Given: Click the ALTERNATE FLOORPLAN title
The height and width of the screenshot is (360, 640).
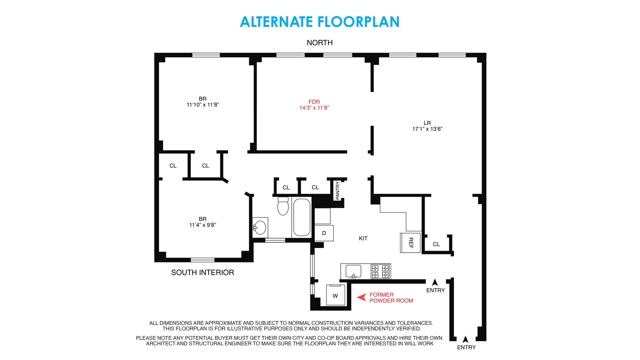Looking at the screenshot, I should click(x=319, y=22).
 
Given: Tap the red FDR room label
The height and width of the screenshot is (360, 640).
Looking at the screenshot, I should click(x=314, y=102).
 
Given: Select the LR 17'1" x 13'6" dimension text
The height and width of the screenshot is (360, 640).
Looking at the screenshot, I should click(x=427, y=129).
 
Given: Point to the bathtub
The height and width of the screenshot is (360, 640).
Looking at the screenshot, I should click(x=302, y=217).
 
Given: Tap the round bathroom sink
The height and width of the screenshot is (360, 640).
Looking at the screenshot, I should click(x=260, y=228).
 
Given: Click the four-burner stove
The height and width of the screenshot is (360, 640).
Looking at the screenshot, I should click(x=380, y=271).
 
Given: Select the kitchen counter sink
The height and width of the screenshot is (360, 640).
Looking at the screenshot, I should click(x=353, y=271).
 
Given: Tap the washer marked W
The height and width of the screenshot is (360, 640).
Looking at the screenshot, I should click(x=335, y=295).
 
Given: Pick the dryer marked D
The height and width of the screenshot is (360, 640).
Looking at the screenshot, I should click(x=324, y=233).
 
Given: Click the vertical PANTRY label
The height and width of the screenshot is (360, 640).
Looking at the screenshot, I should click(x=338, y=190).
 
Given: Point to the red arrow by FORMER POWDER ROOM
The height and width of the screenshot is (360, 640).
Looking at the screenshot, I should click(x=362, y=297).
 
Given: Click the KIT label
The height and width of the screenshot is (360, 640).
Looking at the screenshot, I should click(x=363, y=238).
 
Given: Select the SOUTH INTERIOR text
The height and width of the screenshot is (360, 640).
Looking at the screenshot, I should click(x=202, y=272).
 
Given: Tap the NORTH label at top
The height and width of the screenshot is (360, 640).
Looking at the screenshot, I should click(x=319, y=43).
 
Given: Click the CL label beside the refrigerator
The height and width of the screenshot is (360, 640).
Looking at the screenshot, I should click(x=436, y=244).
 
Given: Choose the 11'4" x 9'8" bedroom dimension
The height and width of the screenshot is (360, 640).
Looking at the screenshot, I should click(x=203, y=225).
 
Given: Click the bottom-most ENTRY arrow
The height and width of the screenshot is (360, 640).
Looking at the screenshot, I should click(x=465, y=339).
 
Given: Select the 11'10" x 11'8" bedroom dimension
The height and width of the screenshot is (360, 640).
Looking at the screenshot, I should click(x=203, y=105).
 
